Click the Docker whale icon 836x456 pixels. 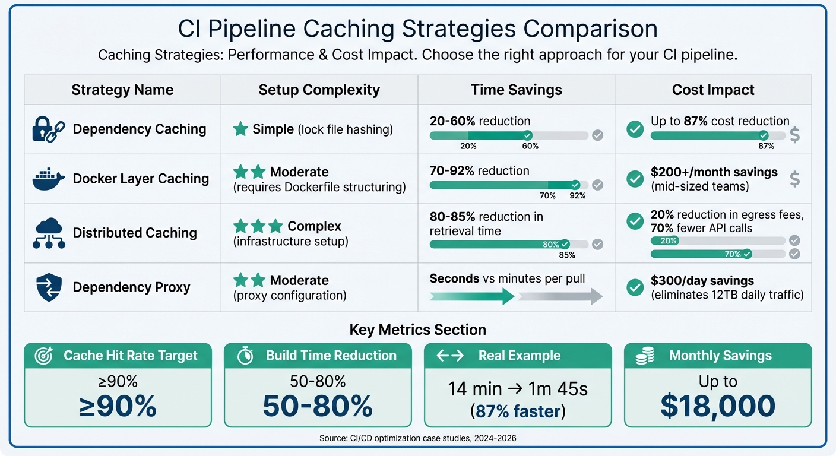tap(49, 179)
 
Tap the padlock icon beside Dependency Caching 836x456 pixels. tap(48, 129)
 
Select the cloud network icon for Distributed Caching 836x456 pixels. tap(49, 233)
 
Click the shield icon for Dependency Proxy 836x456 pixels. tap(49, 287)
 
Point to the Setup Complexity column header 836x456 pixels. tap(319, 90)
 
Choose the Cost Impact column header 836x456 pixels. tap(712, 90)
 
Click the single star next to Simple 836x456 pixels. tap(240, 129)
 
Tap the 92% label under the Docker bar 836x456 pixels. tap(577, 196)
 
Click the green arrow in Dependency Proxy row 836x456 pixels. tap(471, 295)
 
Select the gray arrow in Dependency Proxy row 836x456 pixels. tap(560, 295)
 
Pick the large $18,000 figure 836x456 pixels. tap(717, 406)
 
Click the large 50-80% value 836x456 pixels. tap(317, 406)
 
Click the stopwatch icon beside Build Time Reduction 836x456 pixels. tap(245, 356)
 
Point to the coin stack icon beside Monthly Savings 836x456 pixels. tap(644, 356)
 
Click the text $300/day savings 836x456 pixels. tap(702, 280)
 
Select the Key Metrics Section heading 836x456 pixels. tap(417, 330)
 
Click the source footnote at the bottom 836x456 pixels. tap(417, 439)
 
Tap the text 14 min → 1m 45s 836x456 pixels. tap(517, 389)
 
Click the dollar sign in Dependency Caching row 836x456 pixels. tap(794, 135)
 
